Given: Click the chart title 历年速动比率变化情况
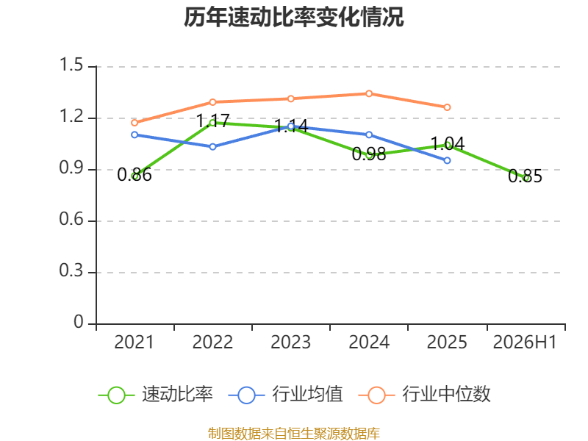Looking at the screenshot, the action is [293, 17].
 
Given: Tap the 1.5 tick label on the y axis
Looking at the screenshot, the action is [71, 65].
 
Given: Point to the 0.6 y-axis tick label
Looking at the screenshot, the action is [71, 219].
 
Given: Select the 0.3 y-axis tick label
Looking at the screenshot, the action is [71, 270].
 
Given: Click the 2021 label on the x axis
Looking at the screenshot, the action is [134, 342].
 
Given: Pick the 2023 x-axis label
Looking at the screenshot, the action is [290, 342].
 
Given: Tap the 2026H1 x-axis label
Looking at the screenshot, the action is [525, 342].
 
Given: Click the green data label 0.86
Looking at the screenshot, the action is [135, 175].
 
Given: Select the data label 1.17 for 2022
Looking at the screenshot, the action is [212, 121].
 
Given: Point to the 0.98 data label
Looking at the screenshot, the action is [369, 154].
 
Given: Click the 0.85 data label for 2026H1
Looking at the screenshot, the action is [525, 176].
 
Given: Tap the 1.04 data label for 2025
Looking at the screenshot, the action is [448, 143].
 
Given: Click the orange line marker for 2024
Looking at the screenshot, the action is [369, 93].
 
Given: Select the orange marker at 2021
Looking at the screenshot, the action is [135, 123].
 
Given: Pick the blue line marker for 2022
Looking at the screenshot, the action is [212, 146].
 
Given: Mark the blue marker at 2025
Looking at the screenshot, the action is [447, 160].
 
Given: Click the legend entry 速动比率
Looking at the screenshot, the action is [155, 395].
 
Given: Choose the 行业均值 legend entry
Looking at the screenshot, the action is [285, 395].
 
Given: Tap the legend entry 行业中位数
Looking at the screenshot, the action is [425, 395].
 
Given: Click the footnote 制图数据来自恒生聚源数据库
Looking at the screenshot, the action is [294, 434].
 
